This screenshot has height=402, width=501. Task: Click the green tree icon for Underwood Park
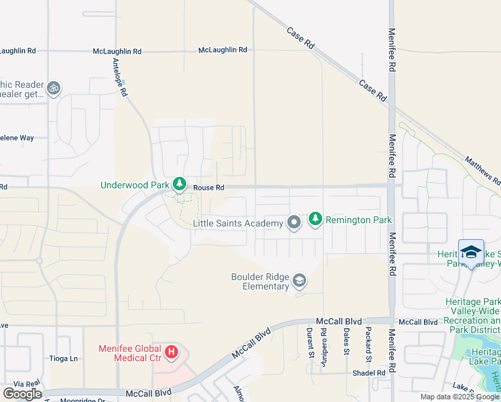[179, 184]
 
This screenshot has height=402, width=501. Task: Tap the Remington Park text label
[358, 219]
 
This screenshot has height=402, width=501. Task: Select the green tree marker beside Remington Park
[315, 219]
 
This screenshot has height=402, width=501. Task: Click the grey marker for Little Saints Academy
[293, 222]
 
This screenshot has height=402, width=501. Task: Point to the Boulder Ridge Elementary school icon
[299, 281]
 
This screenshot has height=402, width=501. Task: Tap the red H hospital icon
[172, 351]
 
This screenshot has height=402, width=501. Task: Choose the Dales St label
[346, 342]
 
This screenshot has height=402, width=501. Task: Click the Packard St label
[368, 342]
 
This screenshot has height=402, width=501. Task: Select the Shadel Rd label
[371, 373]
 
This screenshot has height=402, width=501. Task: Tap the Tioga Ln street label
[64, 358]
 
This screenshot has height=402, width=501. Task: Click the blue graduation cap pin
[472, 253]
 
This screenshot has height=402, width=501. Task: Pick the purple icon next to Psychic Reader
[53, 87]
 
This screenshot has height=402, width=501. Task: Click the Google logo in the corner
[22, 394]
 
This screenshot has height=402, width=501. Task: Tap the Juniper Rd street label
[323, 341]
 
